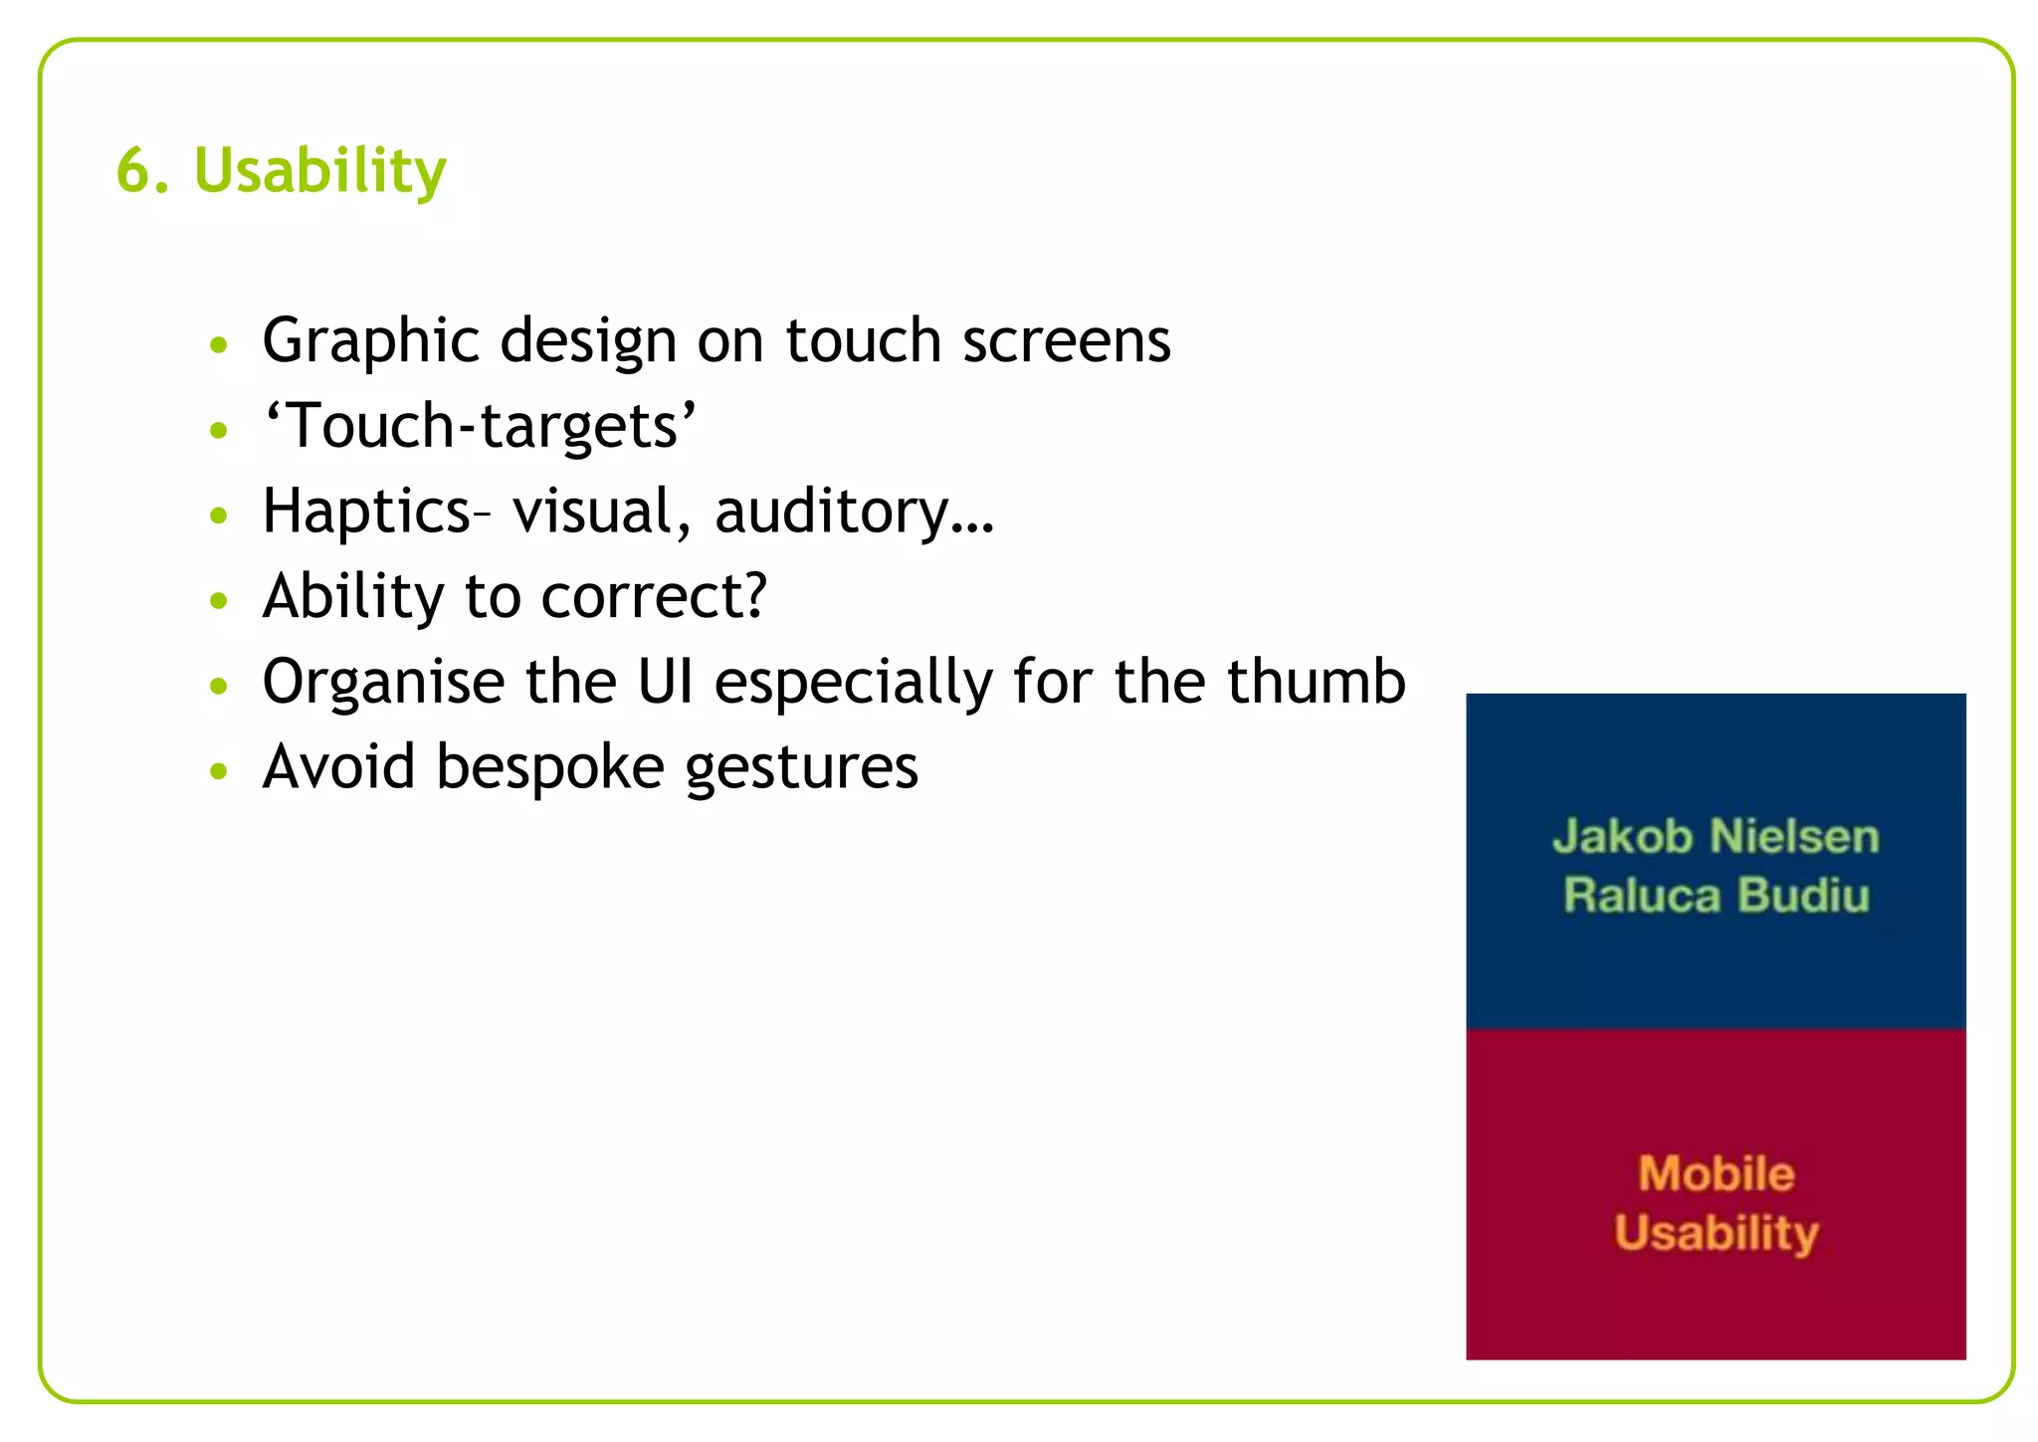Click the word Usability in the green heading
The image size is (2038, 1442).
point(320,171)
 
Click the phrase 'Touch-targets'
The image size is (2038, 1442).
point(479,426)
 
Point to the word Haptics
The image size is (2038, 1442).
point(366,512)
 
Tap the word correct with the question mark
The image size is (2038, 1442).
point(654,597)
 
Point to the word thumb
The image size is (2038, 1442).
point(1316,682)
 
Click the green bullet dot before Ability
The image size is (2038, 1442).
point(220,600)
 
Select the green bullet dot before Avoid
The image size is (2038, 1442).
point(220,770)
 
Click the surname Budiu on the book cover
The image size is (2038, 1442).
point(1804,895)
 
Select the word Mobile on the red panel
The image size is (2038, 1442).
point(1717,1173)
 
